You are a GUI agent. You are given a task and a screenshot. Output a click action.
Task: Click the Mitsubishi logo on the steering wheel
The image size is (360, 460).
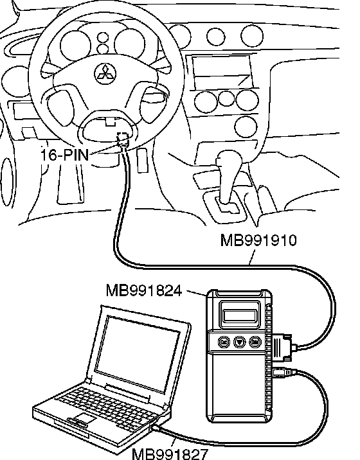(105, 73)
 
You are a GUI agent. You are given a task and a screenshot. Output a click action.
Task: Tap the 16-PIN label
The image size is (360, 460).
(64, 155)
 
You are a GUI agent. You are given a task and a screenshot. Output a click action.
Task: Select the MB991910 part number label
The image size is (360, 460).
(258, 240)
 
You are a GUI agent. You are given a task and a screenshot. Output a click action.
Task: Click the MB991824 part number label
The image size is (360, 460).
(143, 291)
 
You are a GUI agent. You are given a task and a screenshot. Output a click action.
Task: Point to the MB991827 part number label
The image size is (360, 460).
(170, 454)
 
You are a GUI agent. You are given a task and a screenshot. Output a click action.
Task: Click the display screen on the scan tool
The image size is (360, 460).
(240, 315)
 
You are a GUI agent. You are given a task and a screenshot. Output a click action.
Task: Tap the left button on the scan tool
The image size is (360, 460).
(224, 342)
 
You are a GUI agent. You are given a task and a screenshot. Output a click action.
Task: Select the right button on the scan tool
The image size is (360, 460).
(255, 342)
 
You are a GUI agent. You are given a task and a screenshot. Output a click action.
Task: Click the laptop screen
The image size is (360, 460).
(137, 353)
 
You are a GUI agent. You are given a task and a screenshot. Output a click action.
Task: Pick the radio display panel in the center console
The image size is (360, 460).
(222, 71)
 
